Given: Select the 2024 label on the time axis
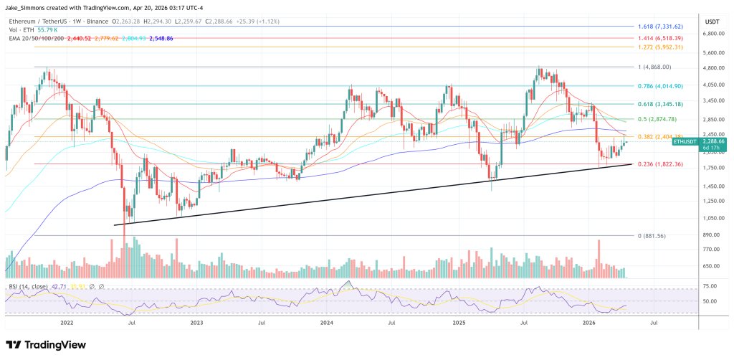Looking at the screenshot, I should click(x=327, y=323).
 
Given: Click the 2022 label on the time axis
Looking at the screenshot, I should click(x=67, y=323).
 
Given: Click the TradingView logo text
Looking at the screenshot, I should click(x=46, y=345).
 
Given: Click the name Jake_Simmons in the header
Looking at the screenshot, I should click(x=26, y=8).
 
